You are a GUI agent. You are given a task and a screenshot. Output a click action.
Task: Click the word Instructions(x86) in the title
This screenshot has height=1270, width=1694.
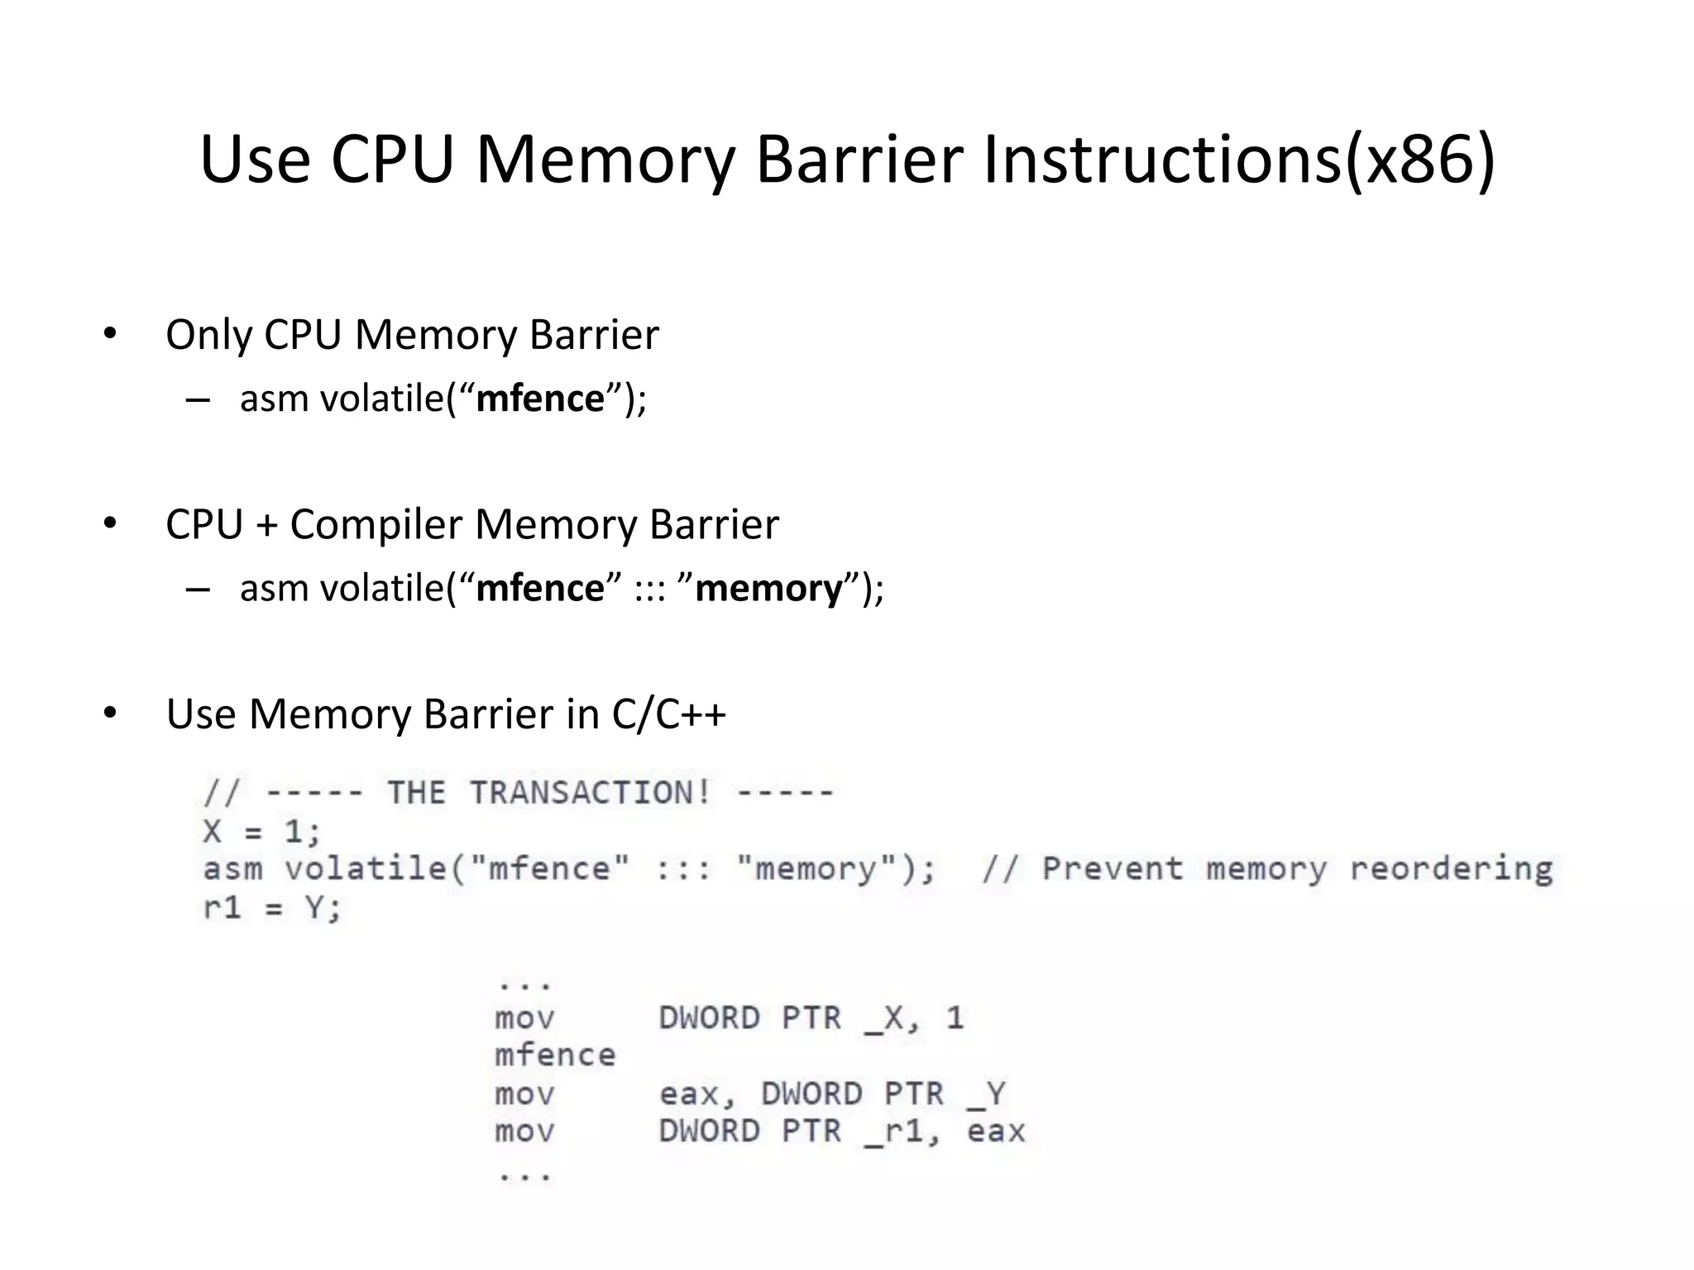1238,159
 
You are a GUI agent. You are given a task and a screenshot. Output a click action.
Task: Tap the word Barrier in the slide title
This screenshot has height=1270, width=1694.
859,159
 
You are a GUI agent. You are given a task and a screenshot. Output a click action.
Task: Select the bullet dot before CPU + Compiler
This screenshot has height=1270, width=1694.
110,523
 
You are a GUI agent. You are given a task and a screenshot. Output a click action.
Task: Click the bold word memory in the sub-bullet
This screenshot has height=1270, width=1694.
768,589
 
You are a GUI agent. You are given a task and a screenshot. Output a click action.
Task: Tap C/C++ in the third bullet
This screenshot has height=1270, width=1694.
668,714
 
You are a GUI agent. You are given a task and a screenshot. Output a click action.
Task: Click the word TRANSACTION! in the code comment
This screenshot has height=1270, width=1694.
590,792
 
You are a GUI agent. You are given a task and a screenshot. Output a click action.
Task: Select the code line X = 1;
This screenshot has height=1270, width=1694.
261,831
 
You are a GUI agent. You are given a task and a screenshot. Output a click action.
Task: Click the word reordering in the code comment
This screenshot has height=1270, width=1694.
1451,869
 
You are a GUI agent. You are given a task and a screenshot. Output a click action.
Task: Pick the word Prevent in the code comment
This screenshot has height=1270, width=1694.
1112,869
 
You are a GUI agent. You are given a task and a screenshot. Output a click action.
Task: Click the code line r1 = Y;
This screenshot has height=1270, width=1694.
272,908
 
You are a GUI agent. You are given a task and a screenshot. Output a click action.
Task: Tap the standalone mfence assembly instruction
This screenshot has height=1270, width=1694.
555,1055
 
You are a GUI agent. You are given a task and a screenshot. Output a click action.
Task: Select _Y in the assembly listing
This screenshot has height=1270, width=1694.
986,1094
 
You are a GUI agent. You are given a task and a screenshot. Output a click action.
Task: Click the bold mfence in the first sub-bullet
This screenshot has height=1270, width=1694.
540,399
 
